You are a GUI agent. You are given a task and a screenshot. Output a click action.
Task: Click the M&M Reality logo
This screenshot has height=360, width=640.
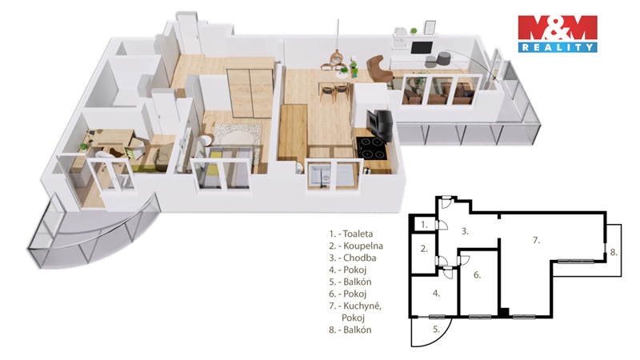click(558, 34)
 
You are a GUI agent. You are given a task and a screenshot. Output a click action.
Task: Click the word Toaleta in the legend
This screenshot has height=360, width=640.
click(358, 234)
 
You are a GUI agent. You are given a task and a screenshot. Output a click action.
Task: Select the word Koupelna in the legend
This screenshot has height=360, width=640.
click(363, 246)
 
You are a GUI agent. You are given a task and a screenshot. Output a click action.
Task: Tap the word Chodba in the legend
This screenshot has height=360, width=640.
click(359, 258)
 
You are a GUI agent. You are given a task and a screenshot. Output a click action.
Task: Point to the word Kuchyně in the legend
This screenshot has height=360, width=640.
click(362, 306)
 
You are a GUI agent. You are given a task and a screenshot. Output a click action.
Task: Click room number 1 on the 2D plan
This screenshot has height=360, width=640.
click(424, 224)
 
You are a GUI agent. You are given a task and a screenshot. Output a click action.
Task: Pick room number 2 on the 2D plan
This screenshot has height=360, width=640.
click(424, 249)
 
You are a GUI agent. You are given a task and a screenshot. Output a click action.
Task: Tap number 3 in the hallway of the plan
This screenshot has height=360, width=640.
click(465, 231)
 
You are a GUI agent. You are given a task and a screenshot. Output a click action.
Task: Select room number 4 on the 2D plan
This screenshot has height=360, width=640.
click(436, 293)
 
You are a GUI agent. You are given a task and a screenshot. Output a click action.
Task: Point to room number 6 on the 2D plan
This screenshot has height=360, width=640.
click(477, 275)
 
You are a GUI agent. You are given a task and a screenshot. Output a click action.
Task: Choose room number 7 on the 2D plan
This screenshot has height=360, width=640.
click(536, 241)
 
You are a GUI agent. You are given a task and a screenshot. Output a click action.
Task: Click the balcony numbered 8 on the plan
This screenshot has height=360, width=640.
click(614, 252)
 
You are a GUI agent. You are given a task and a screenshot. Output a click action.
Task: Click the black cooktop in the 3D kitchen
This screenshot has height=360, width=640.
click(371, 148)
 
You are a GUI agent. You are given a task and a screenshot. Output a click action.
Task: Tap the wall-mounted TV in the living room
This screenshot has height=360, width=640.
click(422, 48)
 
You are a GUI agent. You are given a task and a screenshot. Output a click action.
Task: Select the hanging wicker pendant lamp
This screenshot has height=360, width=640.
click(337, 57)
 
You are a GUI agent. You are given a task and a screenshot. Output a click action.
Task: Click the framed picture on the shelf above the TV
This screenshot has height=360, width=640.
click(430, 27)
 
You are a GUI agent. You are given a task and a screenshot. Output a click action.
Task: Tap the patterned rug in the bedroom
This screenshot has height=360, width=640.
click(238, 142)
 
